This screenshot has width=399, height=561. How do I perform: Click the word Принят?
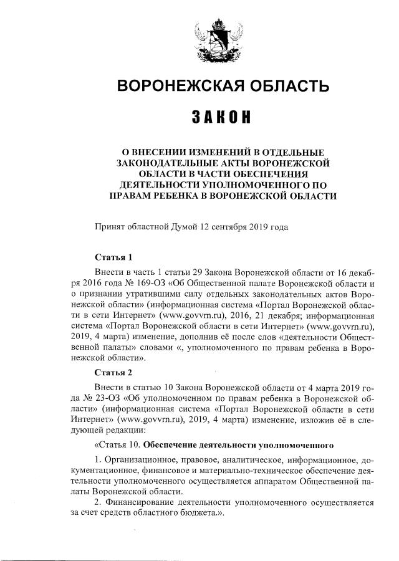[x=110, y=228]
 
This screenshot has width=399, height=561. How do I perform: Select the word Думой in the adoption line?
[x=183, y=228]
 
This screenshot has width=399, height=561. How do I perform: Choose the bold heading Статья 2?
[x=113, y=373]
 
